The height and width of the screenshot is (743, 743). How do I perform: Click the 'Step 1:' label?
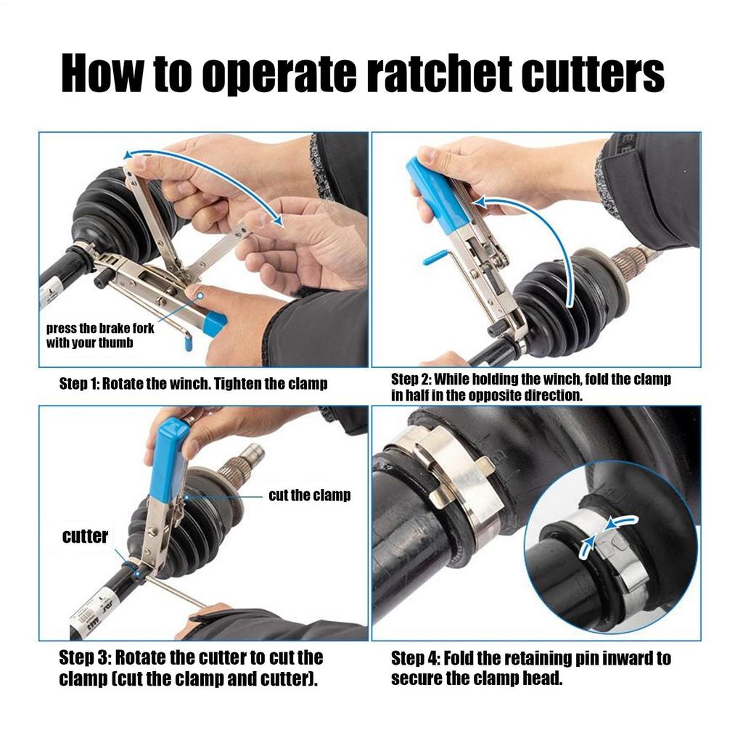78,384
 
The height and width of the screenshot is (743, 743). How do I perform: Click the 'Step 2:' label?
411,379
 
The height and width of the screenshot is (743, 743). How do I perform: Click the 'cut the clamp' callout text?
309,496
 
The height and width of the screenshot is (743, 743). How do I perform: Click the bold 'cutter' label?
85,536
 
